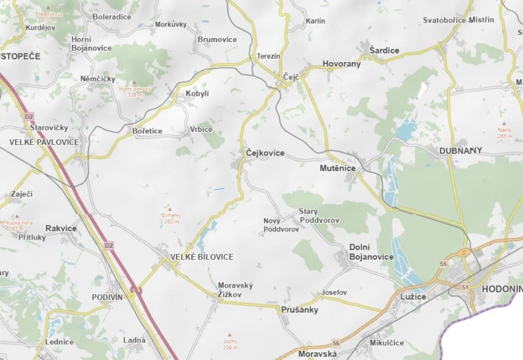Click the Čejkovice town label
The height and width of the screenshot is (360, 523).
pos(265,153)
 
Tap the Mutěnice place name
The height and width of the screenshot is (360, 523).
pos(338,168)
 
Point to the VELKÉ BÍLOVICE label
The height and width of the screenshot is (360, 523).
pos(202,257)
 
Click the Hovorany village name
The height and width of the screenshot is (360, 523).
pos(342,64)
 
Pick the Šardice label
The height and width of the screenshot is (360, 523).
pos(384,50)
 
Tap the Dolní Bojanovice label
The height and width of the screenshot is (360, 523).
pos(371,252)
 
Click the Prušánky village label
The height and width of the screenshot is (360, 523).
pos(299,310)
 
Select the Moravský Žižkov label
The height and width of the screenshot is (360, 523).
pos(235,290)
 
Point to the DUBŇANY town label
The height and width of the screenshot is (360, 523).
pos(460,150)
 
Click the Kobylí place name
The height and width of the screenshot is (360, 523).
pos(197,94)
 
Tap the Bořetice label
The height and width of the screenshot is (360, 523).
pos(147,131)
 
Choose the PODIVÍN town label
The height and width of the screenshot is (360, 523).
pos(107,297)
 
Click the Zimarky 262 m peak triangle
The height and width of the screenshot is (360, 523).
pos(170,209)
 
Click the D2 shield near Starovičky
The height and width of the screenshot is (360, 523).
pos(29,117)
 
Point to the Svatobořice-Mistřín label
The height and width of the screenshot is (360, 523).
pos(458,20)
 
